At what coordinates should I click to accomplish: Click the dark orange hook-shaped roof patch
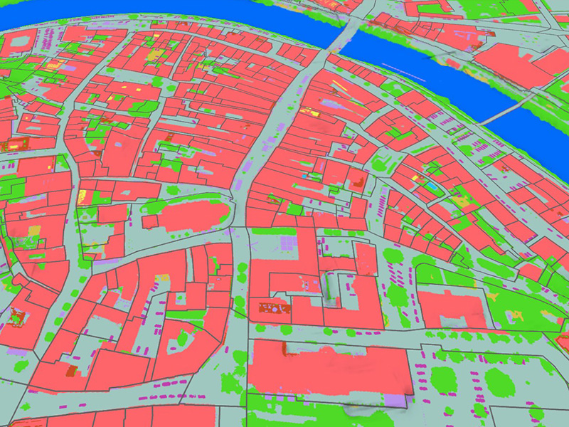[x=70, y=371]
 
